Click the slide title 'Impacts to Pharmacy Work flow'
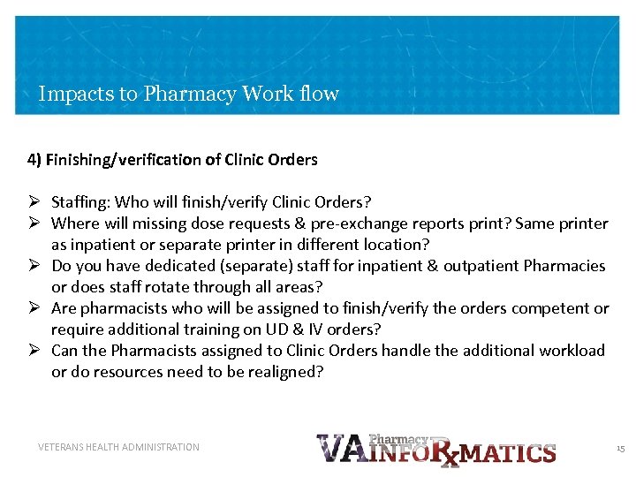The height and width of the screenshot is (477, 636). (x=188, y=94)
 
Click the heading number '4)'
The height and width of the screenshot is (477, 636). (x=34, y=160)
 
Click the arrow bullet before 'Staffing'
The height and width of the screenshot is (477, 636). (x=34, y=202)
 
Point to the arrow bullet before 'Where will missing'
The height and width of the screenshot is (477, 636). (x=34, y=223)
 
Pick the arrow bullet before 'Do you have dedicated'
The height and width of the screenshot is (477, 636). (x=34, y=266)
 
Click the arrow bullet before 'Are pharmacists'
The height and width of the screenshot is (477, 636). (x=34, y=308)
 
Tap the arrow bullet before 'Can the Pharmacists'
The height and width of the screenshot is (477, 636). (x=34, y=351)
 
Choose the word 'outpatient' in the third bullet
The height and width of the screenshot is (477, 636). (x=481, y=266)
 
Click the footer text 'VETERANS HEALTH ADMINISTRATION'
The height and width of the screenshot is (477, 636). (x=118, y=447)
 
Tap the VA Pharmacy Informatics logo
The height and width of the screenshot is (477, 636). (x=435, y=450)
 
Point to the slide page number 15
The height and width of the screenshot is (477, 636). (x=620, y=449)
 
